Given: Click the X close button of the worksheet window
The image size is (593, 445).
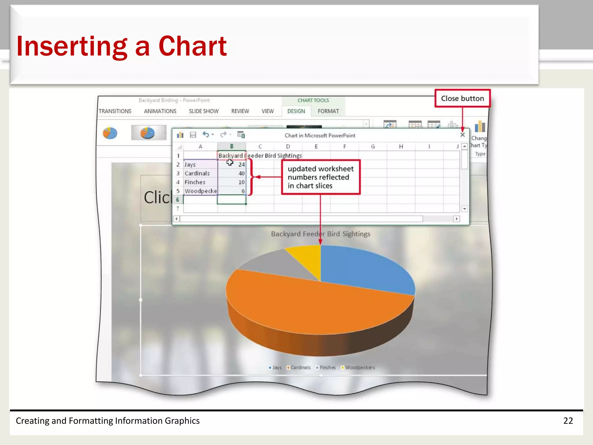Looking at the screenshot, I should coord(462,135).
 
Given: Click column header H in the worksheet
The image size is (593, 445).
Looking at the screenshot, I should coord(401,147).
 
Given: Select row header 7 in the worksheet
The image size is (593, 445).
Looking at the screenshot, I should coord(178,209).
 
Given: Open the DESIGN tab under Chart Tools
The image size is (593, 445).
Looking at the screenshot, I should coord(296,111).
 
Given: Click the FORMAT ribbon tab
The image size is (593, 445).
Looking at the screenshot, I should coord(328,111).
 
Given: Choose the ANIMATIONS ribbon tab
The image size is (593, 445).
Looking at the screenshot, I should coord(160,111).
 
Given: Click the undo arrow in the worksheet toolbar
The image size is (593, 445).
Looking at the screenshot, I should coord(206,135).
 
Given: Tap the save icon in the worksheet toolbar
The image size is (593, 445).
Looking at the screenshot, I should coord(193,135).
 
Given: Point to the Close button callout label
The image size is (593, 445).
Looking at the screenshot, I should coord(462,99).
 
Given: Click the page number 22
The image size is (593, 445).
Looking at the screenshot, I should coord(568,421).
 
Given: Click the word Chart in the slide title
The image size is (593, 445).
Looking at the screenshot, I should coord(193,46).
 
